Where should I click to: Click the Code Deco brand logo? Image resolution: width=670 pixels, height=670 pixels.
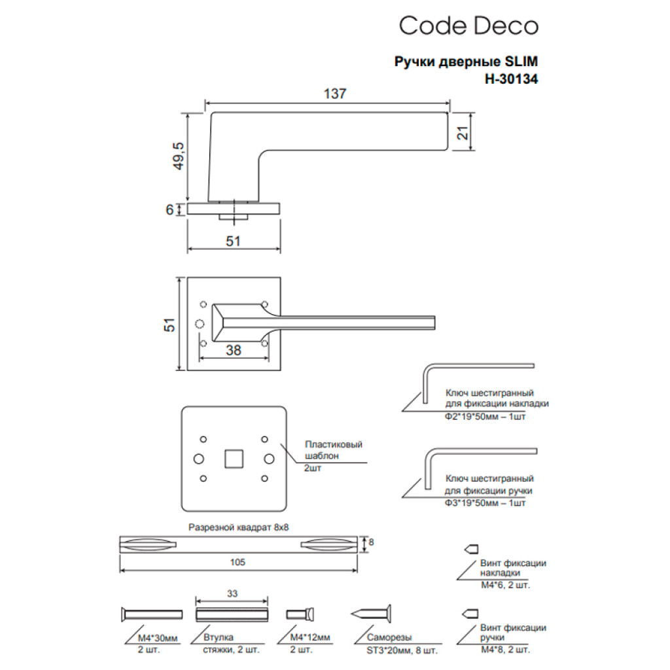468,26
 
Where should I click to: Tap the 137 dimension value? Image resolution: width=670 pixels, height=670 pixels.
334,94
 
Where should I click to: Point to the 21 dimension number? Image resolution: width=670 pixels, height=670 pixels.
463,133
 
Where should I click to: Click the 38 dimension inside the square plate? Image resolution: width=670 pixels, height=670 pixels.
233,350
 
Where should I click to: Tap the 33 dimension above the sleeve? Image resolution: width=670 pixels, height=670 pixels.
232,593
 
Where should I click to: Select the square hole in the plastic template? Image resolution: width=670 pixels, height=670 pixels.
233,458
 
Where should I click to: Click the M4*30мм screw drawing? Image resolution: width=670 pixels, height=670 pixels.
151,614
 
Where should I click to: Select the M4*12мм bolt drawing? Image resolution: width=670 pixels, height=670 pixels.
302,614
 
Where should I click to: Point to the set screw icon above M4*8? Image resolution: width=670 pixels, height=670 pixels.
471,613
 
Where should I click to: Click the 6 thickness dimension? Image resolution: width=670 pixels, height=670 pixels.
169,209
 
